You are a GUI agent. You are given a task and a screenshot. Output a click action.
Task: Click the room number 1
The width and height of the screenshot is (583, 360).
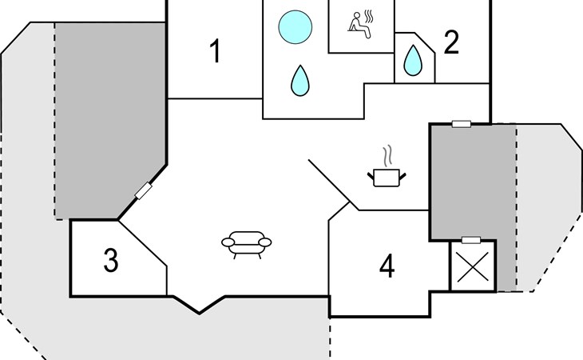click(216, 51)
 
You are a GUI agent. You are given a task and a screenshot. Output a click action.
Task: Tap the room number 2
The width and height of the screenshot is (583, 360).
click(451, 43)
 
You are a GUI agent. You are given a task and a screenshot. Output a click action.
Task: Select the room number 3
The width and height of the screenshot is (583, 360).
click(111, 260)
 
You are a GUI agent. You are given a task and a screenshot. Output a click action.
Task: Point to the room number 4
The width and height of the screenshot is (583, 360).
click(387, 266)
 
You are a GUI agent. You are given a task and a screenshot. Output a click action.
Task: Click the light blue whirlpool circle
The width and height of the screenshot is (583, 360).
click(295, 27)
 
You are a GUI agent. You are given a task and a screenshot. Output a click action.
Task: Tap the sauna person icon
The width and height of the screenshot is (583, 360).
click(359, 25)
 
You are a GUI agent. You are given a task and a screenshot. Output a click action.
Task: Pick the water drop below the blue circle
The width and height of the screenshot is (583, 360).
click(300, 81)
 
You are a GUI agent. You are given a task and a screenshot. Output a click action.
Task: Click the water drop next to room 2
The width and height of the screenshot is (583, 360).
click(413, 60)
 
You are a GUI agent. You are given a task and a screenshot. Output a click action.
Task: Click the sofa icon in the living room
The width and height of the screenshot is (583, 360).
click(247, 244)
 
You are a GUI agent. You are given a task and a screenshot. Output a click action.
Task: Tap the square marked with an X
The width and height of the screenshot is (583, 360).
click(473, 266)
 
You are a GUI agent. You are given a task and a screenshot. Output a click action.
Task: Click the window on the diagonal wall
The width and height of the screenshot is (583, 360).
click(144, 190)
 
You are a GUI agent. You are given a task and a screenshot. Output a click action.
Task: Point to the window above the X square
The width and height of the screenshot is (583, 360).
click(471, 240)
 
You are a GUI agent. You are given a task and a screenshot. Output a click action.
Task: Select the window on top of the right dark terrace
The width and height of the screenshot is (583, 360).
click(462, 124)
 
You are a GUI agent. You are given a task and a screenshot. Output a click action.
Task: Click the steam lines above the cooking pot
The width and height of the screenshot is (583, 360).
click(388, 156)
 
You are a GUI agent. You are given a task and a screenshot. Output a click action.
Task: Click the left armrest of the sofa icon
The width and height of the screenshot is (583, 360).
click(228, 242)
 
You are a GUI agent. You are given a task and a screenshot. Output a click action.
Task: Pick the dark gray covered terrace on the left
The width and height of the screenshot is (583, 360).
click(110, 120)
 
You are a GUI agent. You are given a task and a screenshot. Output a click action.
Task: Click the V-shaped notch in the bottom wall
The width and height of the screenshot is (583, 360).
click(200, 305)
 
